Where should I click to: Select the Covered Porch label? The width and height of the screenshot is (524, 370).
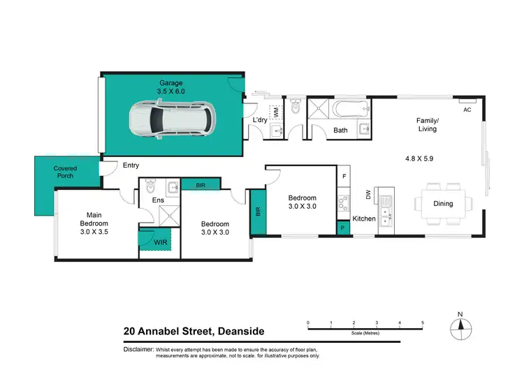tap(64, 172)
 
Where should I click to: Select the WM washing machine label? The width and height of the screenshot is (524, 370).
tap(276, 112)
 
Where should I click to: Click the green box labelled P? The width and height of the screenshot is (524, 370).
tap(342, 228)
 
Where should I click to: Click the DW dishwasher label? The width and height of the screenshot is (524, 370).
tap(367, 194)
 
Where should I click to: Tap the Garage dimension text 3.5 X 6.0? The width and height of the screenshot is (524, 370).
tap(170, 91)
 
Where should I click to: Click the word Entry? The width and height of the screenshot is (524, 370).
tap(131, 165)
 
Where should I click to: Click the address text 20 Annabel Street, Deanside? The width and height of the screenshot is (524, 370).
tap(194, 332)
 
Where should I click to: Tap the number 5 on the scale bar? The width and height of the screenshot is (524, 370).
tap(423, 323)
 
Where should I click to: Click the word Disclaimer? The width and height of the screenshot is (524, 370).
tap(140, 348)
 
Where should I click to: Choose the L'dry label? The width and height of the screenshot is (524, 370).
tap(260, 120)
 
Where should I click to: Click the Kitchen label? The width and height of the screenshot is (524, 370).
tap(364, 219)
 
